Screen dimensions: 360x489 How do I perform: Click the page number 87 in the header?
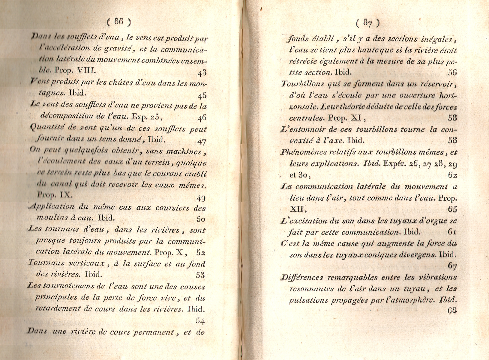[368, 23]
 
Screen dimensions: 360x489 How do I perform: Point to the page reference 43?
[202, 73]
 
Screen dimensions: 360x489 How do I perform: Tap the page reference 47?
[202, 141]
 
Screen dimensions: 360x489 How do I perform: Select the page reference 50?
[201, 219]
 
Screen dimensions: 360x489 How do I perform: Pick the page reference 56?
[452, 72]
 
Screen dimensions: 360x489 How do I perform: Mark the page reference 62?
[452, 175]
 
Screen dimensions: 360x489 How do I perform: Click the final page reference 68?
[452, 310]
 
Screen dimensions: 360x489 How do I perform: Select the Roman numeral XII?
[297, 209]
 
